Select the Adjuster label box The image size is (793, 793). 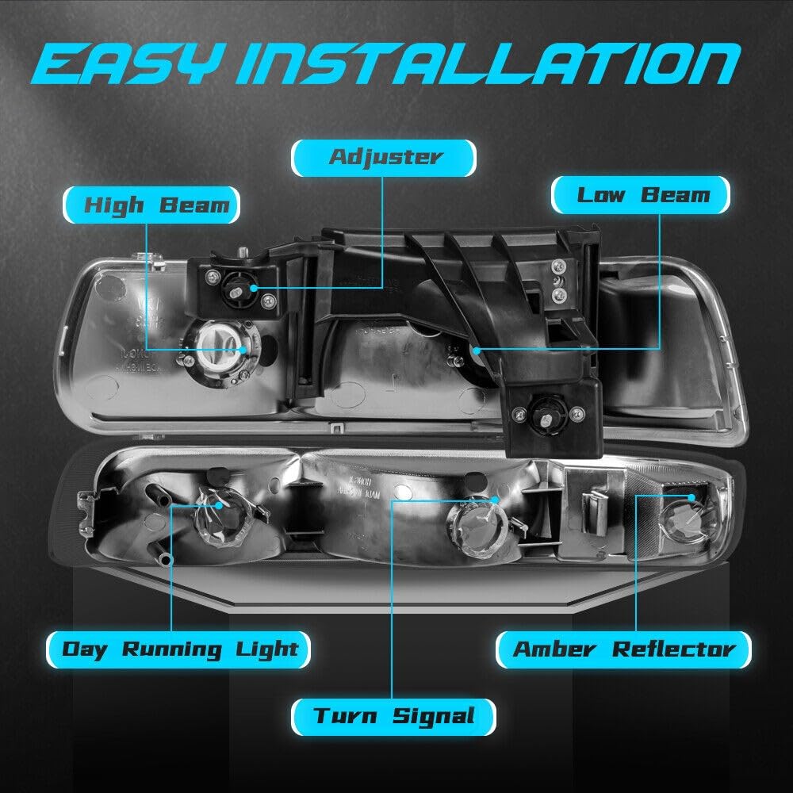pos(384,157)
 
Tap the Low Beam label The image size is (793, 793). pos(641,195)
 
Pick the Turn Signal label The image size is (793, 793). pos(393,717)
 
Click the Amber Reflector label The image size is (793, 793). pos(623,649)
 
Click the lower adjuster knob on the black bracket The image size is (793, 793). pos(546,413)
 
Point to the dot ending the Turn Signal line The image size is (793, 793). pos(494,500)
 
